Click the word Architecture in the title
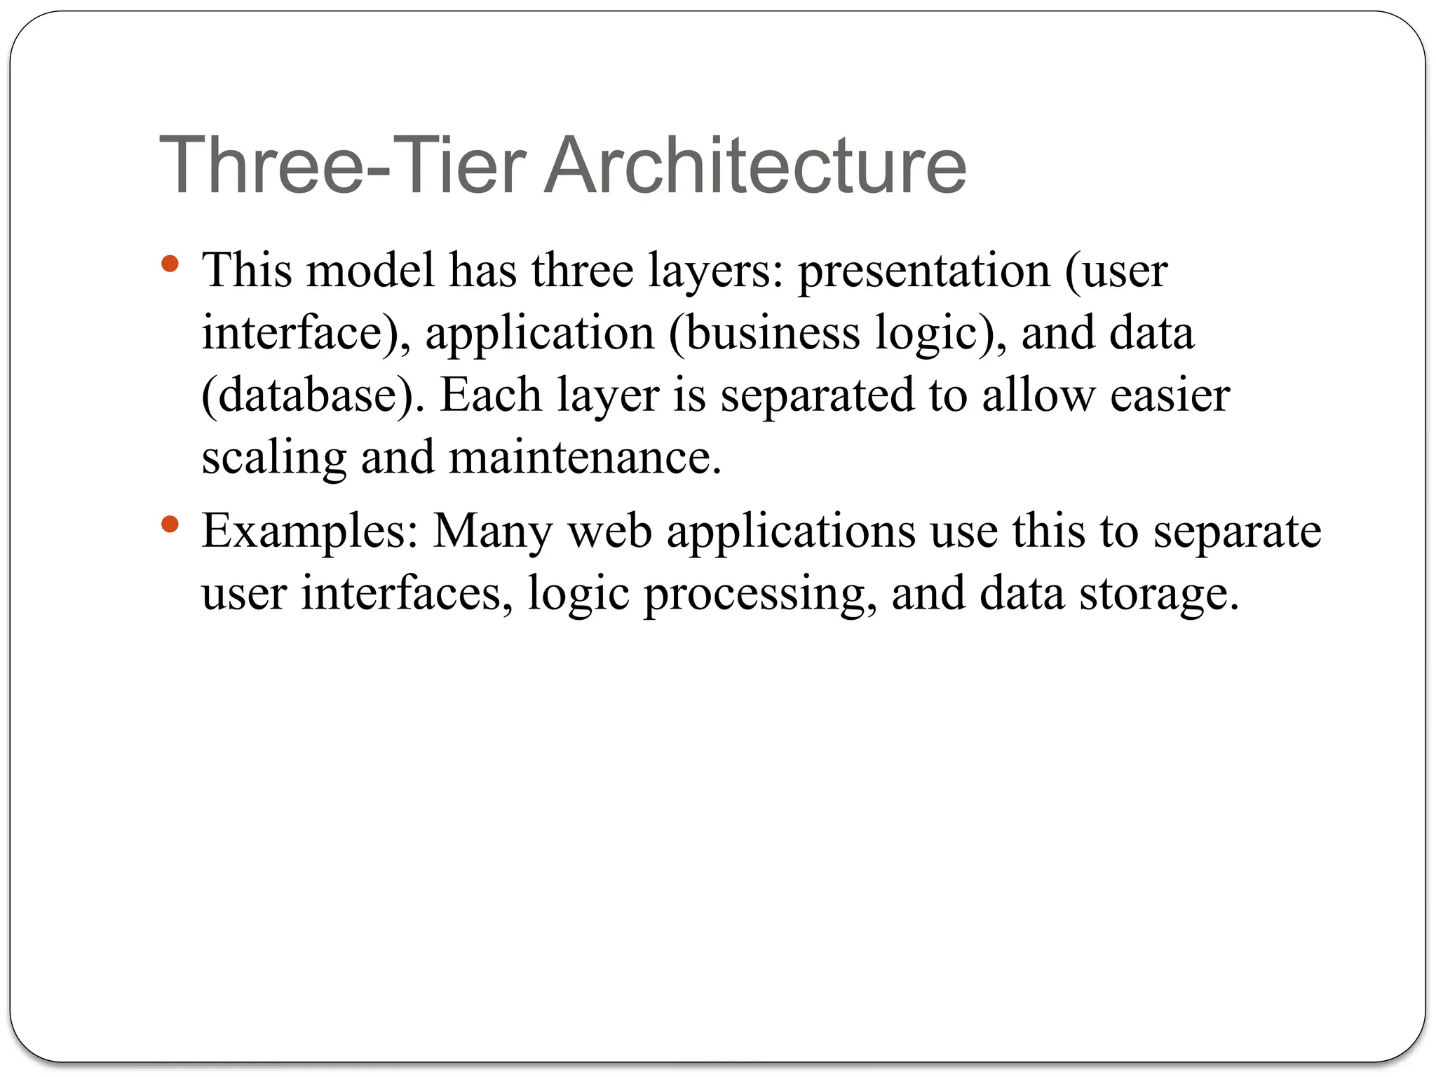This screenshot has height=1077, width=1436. click(x=755, y=165)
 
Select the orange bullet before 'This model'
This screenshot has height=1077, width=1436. click(x=170, y=264)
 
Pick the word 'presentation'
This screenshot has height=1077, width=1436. click(x=924, y=272)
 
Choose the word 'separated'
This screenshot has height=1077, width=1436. click(x=818, y=397)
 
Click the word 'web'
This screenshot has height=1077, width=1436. click(x=610, y=531)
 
